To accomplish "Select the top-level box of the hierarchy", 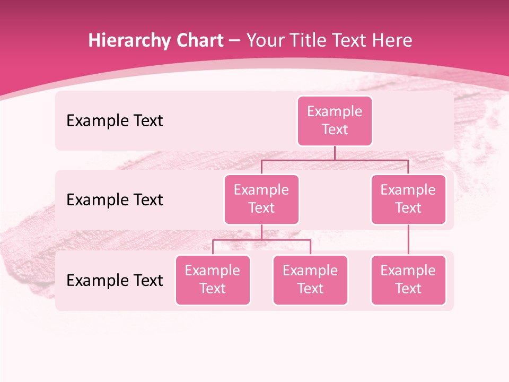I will tap(335, 120).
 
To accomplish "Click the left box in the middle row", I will tap(261, 199).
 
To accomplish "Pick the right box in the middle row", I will tap(408, 199).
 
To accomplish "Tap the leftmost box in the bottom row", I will tap(213, 280).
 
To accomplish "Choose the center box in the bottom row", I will tap(310, 280).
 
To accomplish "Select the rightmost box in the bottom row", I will tap(408, 280).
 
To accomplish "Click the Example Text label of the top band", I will tap(115, 121).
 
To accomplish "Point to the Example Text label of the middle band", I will tap(115, 200).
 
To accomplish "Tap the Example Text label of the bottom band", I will tap(115, 281).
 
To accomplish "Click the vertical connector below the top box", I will tap(335, 153).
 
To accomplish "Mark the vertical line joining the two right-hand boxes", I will tap(408, 240).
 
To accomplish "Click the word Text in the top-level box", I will tap(335, 129).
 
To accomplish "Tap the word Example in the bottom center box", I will tap(310, 271).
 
